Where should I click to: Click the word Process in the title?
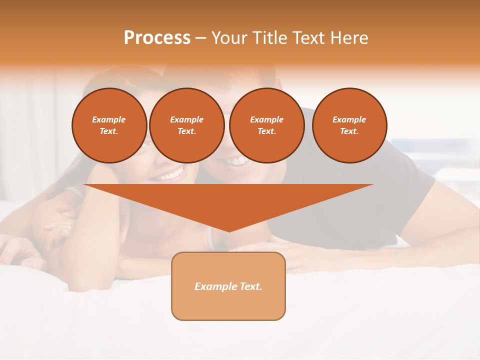tap(157, 38)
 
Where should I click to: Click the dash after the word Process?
tap(200, 39)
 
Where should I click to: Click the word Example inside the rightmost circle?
tap(349, 119)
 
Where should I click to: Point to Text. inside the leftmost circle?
tap(108, 131)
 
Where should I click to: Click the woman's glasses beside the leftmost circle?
tap(145, 145)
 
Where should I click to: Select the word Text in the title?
tap(311, 38)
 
